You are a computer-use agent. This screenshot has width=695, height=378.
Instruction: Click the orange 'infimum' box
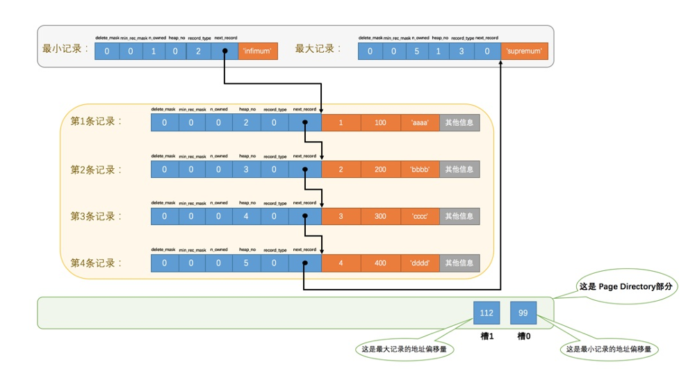258,51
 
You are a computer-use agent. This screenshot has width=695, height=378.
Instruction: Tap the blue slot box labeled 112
486,313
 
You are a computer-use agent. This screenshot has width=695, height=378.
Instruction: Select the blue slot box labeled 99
523,313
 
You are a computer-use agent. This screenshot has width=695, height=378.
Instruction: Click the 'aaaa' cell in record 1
420,123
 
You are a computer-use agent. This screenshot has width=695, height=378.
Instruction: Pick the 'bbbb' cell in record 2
420,170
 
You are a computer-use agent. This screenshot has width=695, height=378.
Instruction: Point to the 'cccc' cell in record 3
420,216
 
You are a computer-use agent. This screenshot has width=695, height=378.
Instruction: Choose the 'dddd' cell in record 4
420,263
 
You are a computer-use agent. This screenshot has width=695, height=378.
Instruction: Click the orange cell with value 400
380,263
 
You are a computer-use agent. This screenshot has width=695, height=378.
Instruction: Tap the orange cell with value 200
380,170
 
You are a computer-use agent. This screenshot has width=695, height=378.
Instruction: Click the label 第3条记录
96,216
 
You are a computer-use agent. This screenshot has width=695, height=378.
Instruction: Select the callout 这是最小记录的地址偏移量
609,350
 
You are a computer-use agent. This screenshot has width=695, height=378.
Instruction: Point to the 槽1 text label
486,336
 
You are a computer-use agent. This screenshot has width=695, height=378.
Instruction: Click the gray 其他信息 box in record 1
459,123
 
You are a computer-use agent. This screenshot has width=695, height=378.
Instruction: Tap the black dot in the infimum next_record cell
224,51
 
